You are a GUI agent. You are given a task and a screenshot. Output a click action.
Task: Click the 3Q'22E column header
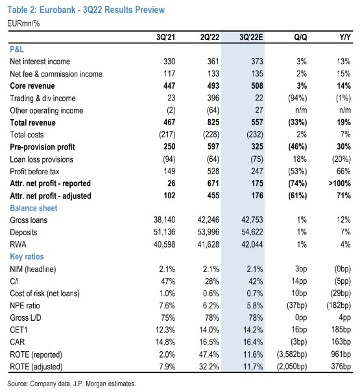click(251, 37)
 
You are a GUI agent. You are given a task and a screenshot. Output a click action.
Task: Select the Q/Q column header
click(300, 37)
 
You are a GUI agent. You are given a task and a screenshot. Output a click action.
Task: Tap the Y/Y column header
click(345, 37)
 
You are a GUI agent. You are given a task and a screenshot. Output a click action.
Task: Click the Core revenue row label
click(32, 86)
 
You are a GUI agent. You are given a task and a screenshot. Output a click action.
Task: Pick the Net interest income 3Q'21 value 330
click(169, 62)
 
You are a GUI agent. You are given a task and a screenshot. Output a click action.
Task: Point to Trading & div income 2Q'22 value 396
click(213, 98)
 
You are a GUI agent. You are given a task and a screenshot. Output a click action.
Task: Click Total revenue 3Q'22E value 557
click(258, 122)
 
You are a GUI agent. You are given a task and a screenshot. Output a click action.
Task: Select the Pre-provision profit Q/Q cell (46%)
click(298, 146)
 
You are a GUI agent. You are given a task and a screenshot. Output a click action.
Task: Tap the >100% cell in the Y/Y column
click(339, 183)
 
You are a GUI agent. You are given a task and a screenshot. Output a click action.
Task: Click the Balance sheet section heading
click(34, 208)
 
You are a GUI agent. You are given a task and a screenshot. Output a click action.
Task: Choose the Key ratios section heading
click(27, 257)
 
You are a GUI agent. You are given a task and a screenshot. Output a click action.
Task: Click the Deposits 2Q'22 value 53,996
click(208, 232)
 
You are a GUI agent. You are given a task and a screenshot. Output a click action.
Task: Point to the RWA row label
click(18, 244)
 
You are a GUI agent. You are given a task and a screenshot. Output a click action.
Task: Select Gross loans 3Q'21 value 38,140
click(165, 220)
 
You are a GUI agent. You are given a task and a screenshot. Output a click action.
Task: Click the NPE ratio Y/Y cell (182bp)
click(339, 305)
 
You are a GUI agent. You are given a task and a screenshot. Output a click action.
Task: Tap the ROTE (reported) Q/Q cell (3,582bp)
click(292, 354)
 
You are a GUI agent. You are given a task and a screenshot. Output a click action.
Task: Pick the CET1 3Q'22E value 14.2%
click(253, 330)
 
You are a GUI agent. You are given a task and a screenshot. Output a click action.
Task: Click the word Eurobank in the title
click(58, 10)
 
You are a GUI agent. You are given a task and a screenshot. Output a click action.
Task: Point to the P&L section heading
click(17, 49)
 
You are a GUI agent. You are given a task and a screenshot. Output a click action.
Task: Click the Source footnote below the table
click(71, 384)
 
